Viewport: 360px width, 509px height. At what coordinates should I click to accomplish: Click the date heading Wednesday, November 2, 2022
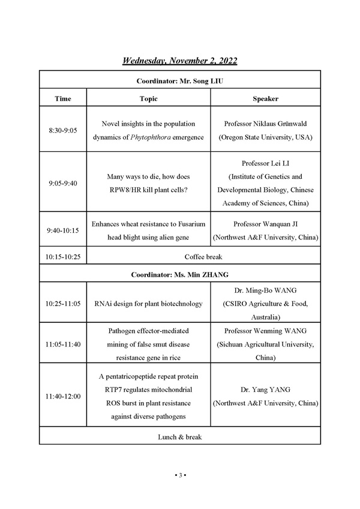coord(180,61)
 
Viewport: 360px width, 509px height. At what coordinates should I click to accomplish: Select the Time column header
coord(62,98)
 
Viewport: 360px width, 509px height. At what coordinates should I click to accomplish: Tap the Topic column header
coord(148,98)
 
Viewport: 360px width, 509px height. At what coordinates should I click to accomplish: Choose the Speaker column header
coord(265,98)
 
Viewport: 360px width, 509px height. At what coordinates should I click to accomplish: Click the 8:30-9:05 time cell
coord(62,130)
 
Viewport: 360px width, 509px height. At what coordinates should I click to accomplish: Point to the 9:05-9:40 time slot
coord(62,183)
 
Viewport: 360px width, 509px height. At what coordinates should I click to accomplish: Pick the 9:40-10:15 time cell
coord(62,230)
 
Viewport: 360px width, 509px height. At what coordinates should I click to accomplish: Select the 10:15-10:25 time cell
coord(62,256)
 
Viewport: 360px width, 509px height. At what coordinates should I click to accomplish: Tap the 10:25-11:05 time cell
coord(62,304)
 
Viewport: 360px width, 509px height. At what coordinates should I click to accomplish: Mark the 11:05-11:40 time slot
coord(62,344)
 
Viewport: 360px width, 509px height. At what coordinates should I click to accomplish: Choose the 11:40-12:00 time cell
coord(62,397)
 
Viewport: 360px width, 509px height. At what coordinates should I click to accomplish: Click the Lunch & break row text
coord(180,436)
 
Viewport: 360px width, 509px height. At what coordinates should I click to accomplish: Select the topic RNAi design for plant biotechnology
coord(148,304)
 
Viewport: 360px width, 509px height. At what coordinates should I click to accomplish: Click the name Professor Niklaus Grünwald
coord(265,124)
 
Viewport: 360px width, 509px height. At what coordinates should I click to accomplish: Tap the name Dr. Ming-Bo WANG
coord(265,291)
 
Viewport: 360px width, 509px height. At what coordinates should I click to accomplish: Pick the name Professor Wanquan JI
coord(265,224)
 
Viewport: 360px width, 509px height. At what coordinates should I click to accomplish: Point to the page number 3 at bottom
coord(180,475)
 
